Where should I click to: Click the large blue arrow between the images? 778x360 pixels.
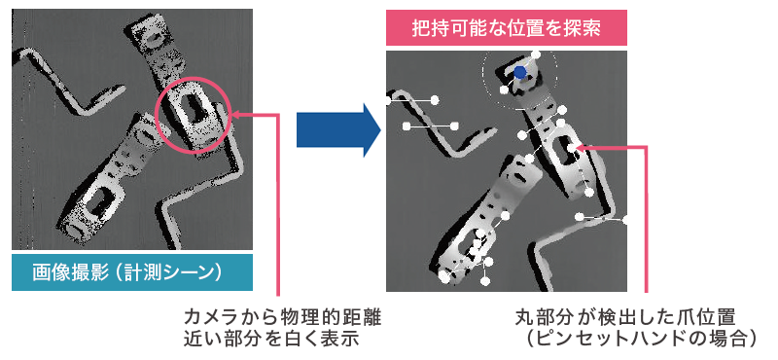coord(338,130)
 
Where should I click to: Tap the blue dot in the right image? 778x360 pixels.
coord(519,73)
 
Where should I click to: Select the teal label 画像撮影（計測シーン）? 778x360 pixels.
coord(132,272)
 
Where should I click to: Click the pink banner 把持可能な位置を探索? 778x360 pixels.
coord(507,28)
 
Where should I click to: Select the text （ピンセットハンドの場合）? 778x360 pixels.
coord(640,340)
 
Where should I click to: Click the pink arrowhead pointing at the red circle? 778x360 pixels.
coord(235,115)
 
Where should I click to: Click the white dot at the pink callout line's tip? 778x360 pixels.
coord(572,148)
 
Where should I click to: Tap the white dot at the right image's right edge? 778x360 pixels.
coord(623,220)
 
